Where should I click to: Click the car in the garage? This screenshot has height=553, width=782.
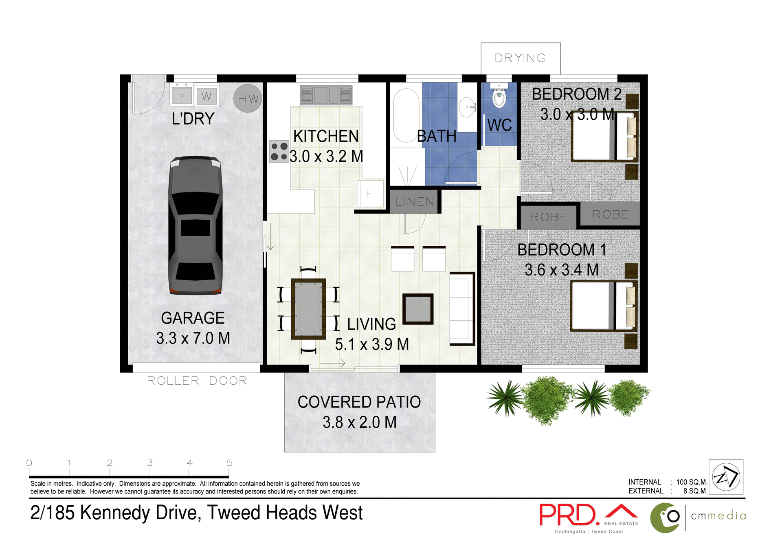point(195,225)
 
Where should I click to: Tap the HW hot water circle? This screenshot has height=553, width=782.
point(248,98)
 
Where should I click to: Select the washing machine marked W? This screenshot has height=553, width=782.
point(206,96)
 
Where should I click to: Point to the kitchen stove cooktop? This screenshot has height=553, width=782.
point(279,152)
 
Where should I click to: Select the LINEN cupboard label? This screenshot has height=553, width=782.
point(414,201)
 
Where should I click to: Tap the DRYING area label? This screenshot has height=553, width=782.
point(520,58)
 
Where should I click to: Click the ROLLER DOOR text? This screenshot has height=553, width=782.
point(197,381)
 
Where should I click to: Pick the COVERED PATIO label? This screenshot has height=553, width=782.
point(359,402)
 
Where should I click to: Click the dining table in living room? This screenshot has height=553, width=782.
point(308,309)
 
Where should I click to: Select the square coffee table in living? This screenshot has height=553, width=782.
point(418,309)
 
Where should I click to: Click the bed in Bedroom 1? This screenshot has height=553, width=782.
point(603,306)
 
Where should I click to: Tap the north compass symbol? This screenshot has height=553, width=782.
point(726,477)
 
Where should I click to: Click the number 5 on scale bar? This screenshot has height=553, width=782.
point(229,463)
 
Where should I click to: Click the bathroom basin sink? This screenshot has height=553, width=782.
point(467,107)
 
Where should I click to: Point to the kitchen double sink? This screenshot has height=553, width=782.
point(326,95)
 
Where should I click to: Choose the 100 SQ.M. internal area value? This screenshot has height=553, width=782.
point(691,482)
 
